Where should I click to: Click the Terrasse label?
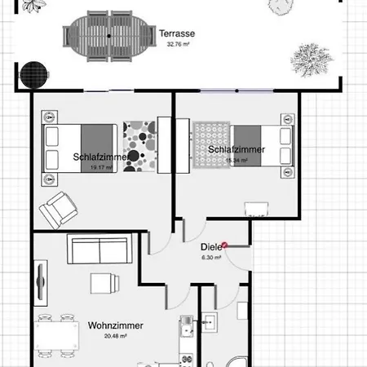(x=176, y=33)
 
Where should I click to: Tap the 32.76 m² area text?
(x=177, y=45)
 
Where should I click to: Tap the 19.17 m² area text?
(x=101, y=167)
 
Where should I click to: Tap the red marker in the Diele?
(x=224, y=243)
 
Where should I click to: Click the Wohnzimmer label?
(x=115, y=325)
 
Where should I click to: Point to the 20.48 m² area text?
(x=115, y=335)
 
